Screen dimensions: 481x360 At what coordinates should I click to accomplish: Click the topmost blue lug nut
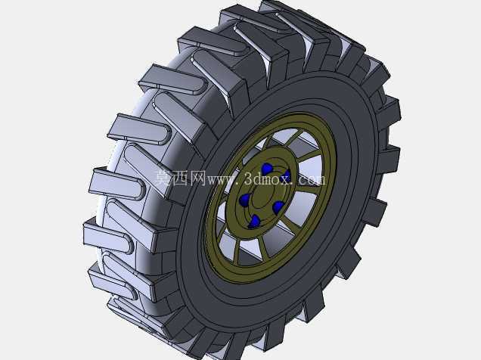pos(267,169)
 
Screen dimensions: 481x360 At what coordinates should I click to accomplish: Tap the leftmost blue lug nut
pos(244,200)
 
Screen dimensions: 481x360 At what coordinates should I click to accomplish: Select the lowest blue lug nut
pos(254,222)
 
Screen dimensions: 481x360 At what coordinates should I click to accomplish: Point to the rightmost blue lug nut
pos(287,175)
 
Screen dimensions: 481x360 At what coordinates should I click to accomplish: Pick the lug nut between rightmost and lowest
pos(278,207)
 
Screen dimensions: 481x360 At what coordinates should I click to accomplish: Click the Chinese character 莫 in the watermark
pos(163,178)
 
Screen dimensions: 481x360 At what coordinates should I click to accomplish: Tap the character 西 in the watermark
pos(181,178)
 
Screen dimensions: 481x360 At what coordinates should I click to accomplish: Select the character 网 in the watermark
pos(198,178)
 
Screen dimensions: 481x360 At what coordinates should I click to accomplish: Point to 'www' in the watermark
pos(222,180)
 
